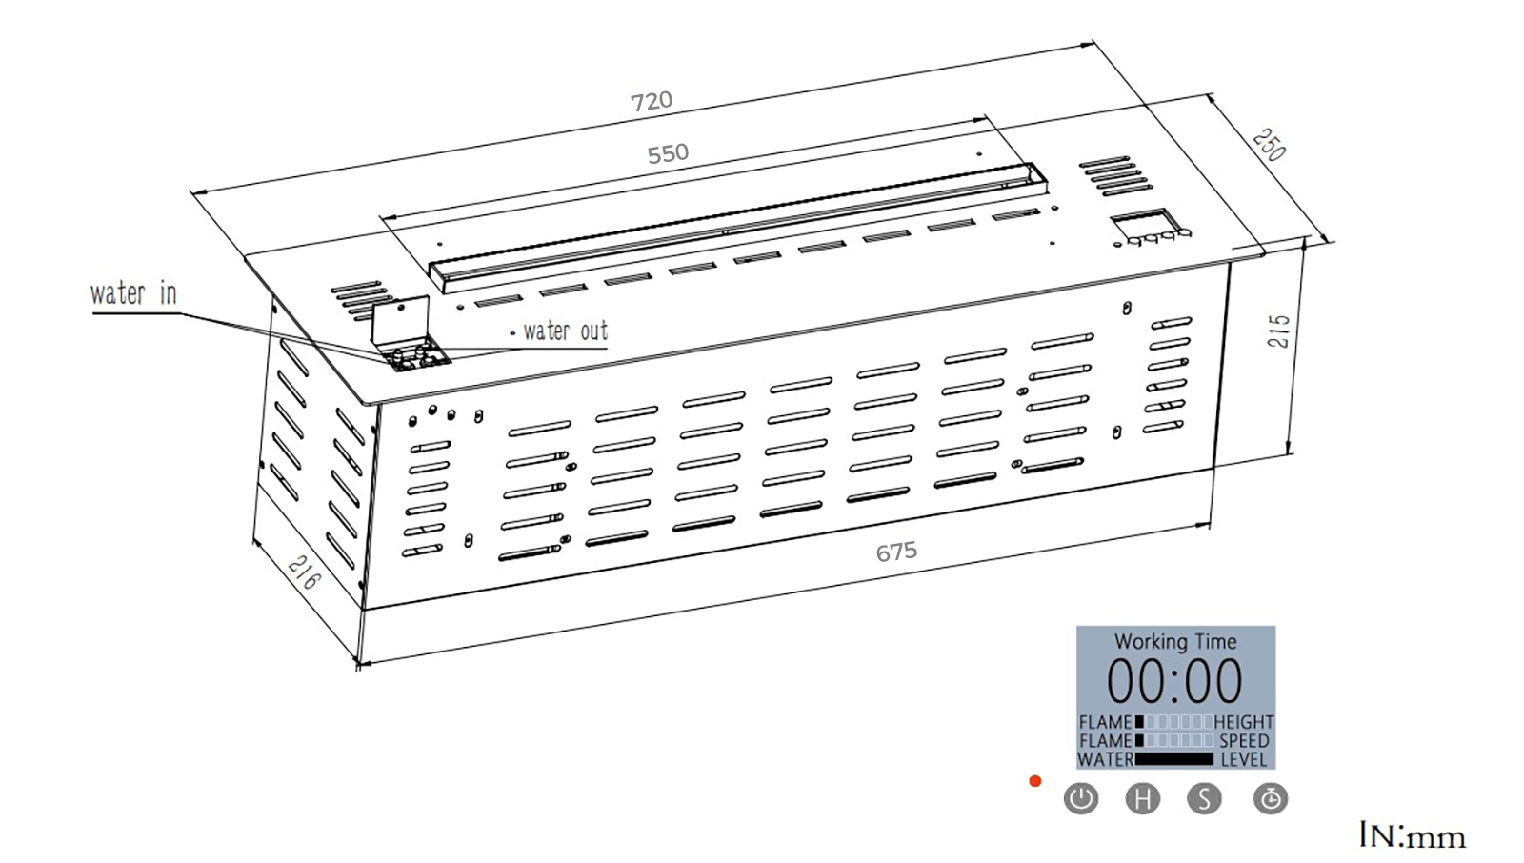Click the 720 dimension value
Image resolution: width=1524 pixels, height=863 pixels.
point(652,101)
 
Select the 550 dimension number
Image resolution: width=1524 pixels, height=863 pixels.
point(668,153)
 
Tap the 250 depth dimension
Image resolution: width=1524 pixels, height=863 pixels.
point(1268,145)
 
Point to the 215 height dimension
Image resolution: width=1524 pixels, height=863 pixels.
point(1279,331)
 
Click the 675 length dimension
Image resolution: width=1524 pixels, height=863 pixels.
point(896,552)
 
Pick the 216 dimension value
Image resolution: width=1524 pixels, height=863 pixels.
point(302,572)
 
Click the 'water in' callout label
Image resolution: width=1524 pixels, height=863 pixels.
point(133,293)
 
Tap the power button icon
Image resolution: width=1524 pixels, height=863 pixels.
point(1080,798)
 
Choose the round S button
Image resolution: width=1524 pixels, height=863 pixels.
point(1204,798)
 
